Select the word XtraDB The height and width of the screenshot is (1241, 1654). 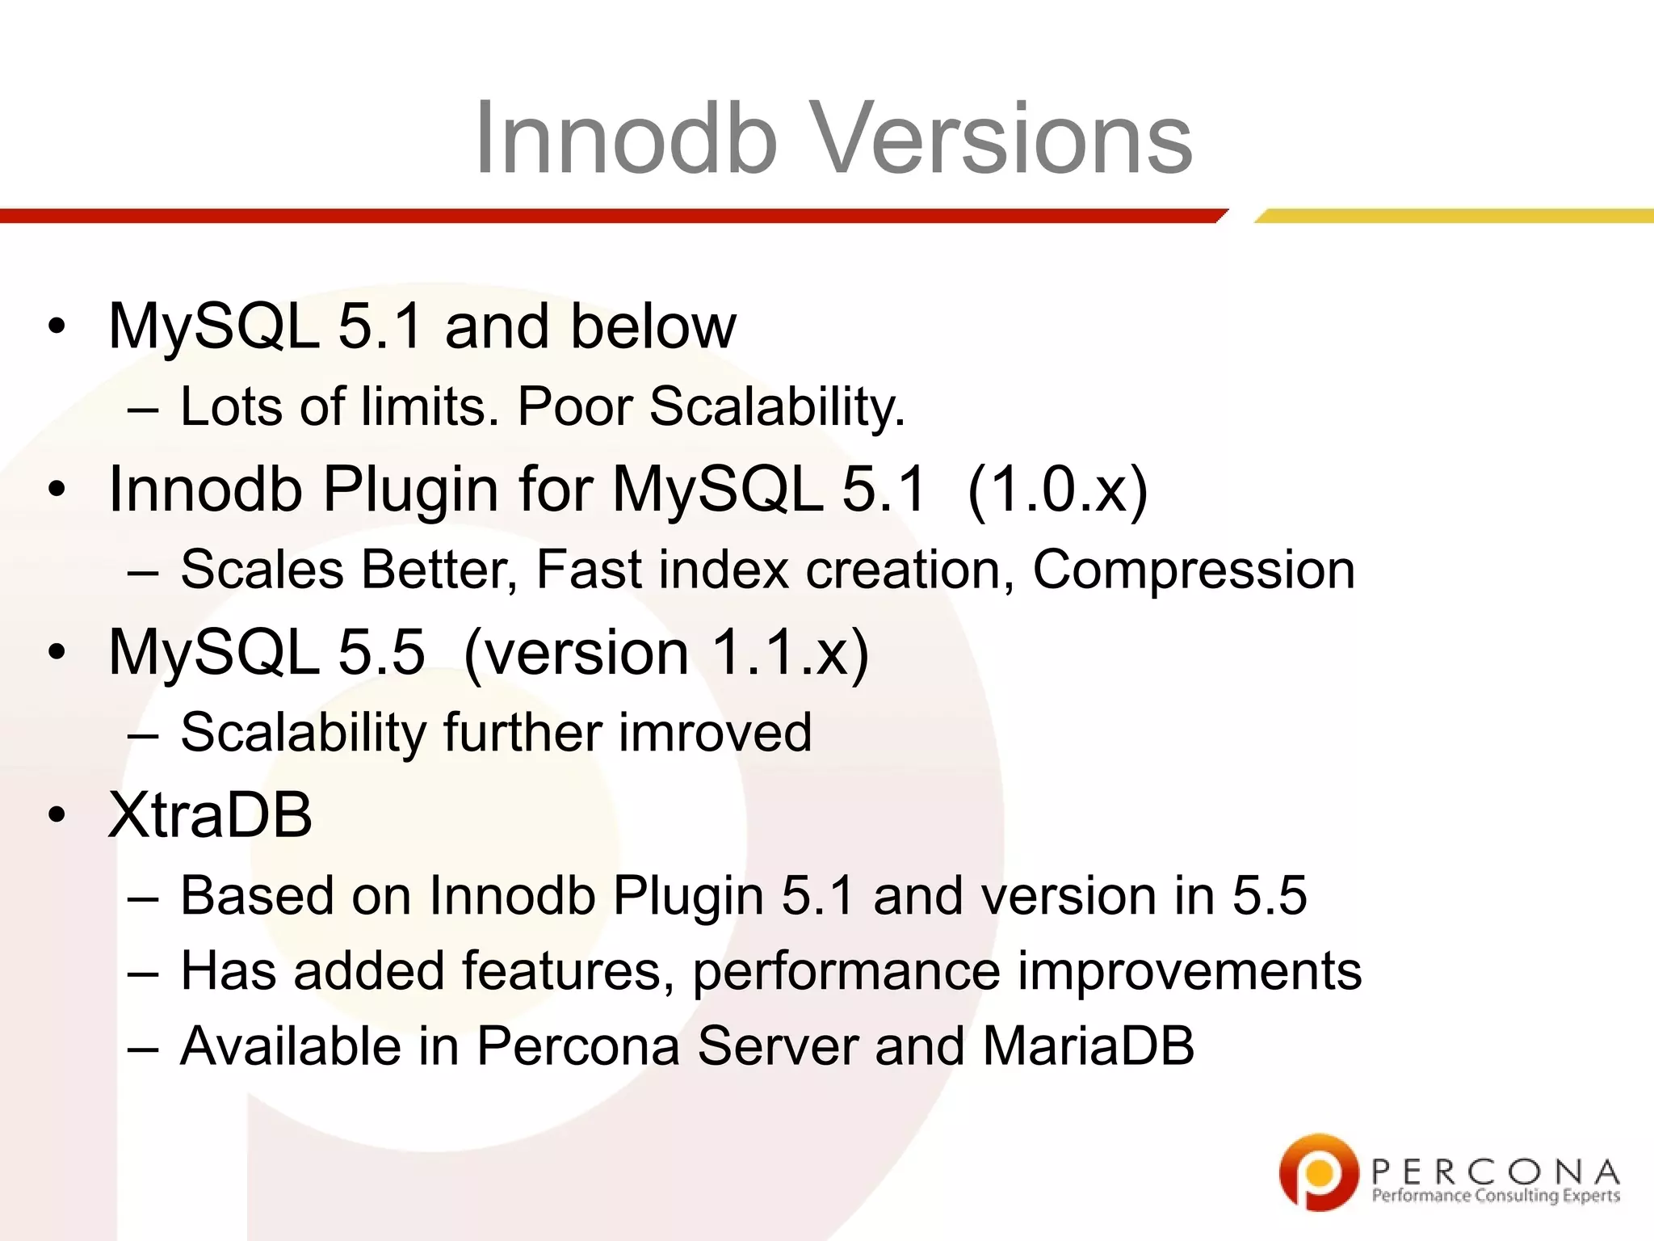[x=210, y=814]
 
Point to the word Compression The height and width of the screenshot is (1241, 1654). [x=1194, y=570]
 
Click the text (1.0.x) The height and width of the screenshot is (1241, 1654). [x=1056, y=489]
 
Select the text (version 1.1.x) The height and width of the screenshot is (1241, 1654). [x=666, y=652]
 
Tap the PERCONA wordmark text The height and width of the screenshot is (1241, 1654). [x=1495, y=1171]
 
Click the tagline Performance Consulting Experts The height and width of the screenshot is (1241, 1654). [x=1495, y=1196]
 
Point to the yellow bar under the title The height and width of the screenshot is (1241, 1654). [x=1454, y=216]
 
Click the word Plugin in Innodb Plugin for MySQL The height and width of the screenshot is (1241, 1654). [x=410, y=489]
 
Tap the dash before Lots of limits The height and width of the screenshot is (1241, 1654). [x=142, y=408]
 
